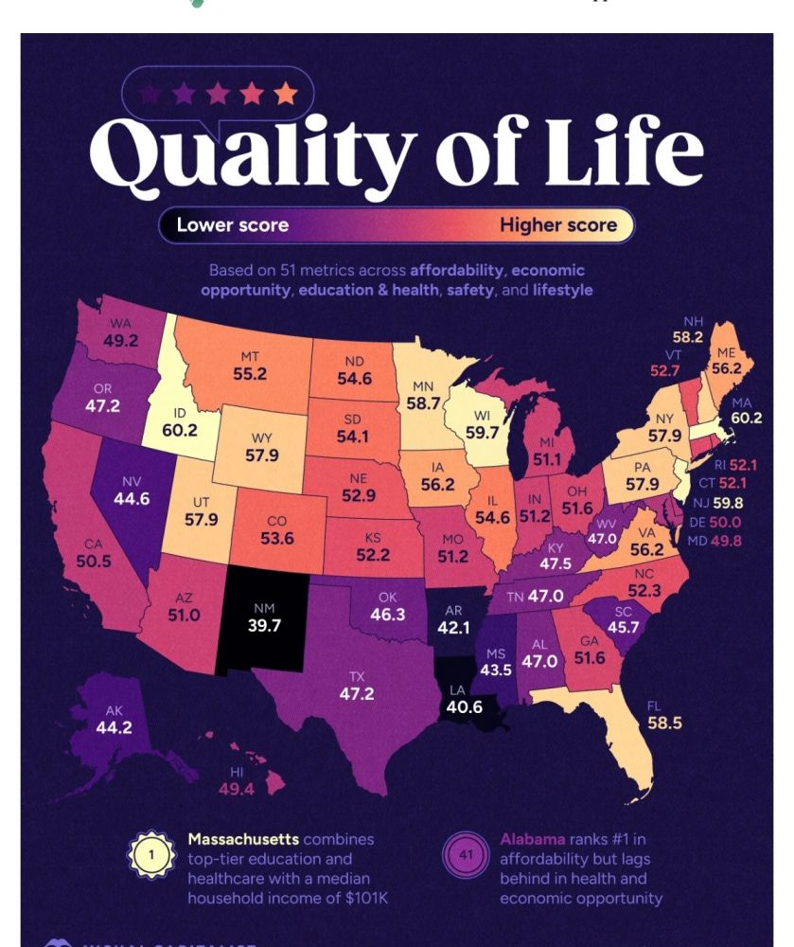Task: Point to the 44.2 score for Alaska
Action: pyautogui.click(x=114, y=727)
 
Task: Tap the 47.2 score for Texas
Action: pyautogui.click(x=357, y=694)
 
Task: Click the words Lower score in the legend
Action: pyautogui.click(x=232, y=224)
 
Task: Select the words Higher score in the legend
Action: pyautogui.click(x=557, y=224)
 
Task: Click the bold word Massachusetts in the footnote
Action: pyautogui.click(x=243, y=839)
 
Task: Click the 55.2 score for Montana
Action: pyautogui.click(x=250, y=373)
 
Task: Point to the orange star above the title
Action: pyautogui.click(x=285, y=95)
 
